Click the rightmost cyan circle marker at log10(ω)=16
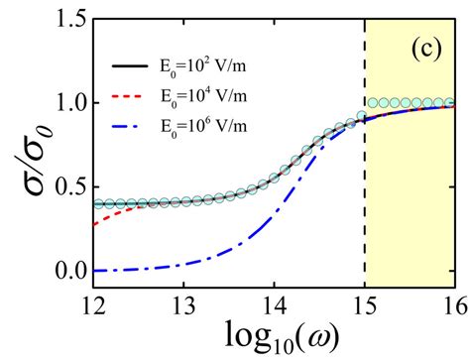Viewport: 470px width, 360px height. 451,103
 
